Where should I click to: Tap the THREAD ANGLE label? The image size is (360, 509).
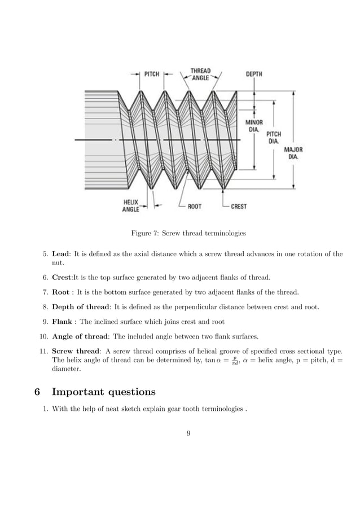click(200, 74)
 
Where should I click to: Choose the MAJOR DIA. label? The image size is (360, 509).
click(293, 153)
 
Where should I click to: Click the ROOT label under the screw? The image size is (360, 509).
click(195, 207)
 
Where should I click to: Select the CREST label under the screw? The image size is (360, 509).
click(239, 207)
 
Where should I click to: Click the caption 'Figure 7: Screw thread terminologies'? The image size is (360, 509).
click(180, 233)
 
